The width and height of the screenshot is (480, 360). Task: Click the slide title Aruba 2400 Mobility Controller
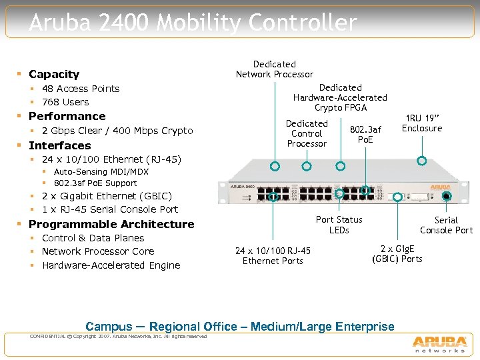tap(193, 23)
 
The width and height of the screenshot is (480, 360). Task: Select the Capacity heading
tap(54, 74)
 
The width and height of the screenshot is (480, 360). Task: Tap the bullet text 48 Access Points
tap(81, 89)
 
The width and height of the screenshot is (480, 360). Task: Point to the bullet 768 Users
tap(65, 102)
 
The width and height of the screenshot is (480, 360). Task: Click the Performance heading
tap(67, 116)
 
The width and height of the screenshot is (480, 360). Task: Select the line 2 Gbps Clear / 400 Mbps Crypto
tap(117, 131)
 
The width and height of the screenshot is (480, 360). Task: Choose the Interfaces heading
tap(59, 145)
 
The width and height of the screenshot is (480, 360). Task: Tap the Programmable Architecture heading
tap(111, 224)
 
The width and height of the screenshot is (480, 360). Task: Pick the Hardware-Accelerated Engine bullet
tap(111, 265)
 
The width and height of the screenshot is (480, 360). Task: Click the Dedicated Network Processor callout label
tap(274, 69)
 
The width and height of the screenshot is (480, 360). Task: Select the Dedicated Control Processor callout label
tap(307, 133)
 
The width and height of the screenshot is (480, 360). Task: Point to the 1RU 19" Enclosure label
tap(422, 123)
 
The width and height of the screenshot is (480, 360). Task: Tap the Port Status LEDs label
tap(339, 225)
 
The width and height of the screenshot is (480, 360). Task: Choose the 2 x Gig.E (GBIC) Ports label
tap(397, 253)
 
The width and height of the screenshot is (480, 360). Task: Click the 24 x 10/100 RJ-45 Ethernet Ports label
tap(273, 255)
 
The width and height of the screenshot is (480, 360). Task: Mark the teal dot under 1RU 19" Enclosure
tap(421, 161)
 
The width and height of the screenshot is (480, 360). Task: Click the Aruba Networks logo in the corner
tap(439, 341)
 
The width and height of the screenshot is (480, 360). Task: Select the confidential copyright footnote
tap(119, 336)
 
